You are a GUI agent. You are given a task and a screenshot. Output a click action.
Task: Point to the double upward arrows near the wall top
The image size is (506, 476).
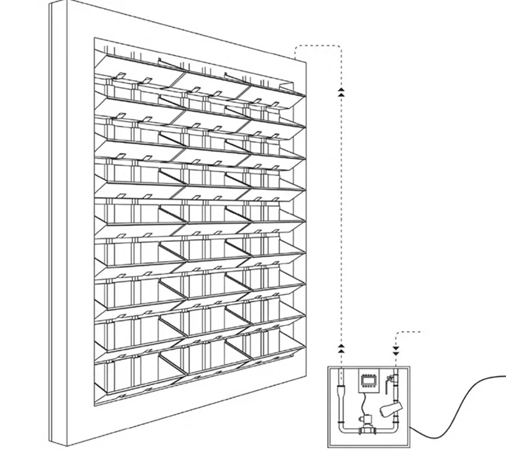(341, 91)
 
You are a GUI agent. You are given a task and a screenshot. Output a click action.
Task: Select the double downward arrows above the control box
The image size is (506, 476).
(396, 349)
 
